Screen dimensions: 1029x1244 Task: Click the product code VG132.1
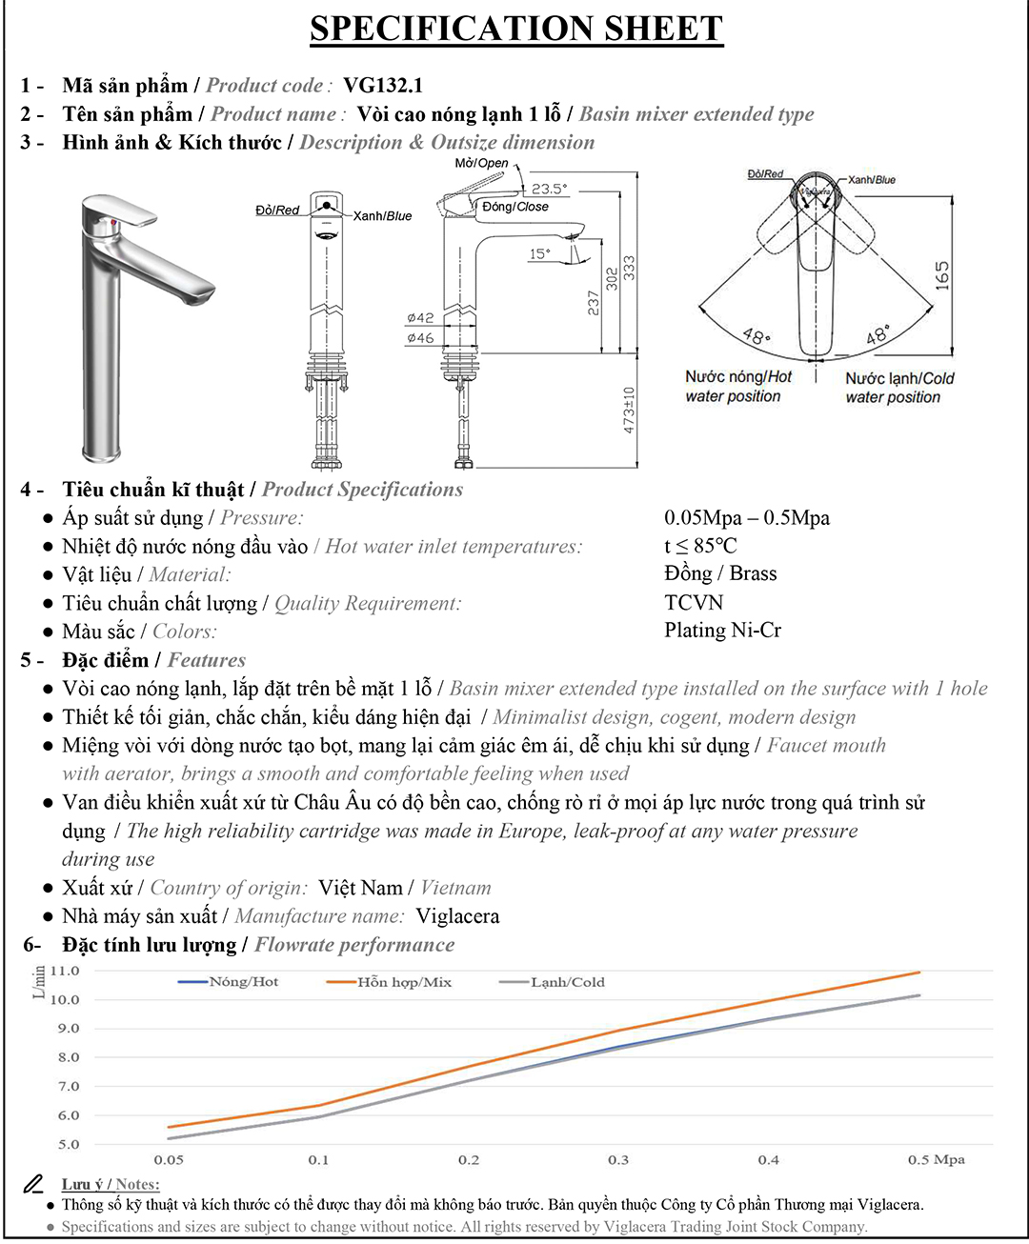[x=382, y=85]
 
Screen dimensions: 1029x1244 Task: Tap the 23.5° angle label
[x=549, y=189]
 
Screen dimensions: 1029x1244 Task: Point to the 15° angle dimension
[x=539, y=253]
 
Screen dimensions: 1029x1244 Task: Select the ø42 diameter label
[x=420, y=318]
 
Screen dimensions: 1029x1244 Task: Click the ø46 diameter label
[x=420, y=338]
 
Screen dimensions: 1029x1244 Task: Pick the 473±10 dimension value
[x=629, y=410]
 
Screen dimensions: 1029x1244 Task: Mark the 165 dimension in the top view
[x=942, y=276]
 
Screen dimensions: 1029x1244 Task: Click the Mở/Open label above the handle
[x=481, y=163]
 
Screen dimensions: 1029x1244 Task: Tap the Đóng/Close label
[x=515, y=207]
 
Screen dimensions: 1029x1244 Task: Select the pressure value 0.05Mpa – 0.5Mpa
[x=747, y=518]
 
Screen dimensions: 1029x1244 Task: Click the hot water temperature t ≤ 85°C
[x=700, y=546]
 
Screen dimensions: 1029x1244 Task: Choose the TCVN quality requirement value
[x=694, y=603]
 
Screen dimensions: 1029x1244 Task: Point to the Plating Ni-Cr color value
[x=722, y=631]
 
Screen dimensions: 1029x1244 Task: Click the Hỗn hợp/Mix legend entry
[x=389, y=982]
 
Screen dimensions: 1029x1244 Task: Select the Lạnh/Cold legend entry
[x=552, y=982]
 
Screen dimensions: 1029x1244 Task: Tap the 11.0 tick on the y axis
[x=65, y=971]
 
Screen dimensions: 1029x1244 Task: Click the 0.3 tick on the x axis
[x=618, y=1160]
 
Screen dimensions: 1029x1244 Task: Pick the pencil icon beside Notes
[x=33, y=1184]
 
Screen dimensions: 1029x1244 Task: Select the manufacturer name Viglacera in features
[x=457, y=916]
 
